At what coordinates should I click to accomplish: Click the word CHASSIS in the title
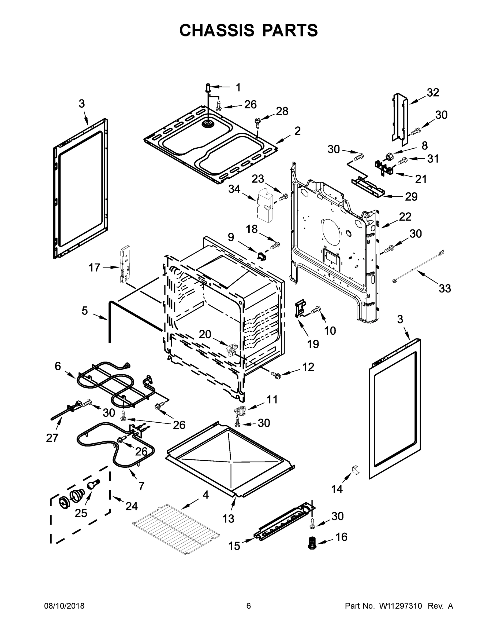[x=217, y=30]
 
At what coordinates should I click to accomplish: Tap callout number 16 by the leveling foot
[x=341, y=537]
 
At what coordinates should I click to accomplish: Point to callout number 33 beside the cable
[x=444, y=288]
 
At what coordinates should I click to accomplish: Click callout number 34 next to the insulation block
[x=234, y=189]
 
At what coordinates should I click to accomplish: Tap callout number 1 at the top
[x=238, y=87]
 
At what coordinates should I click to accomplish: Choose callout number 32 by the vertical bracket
[x=433, y=92]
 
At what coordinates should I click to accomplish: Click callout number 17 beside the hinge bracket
[x=95, y=268]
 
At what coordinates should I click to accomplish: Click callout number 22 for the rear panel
[x=405, y=217]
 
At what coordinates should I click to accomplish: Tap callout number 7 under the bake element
[x=141, y=486]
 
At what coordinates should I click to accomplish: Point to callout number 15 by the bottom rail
[x=234, y=546]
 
